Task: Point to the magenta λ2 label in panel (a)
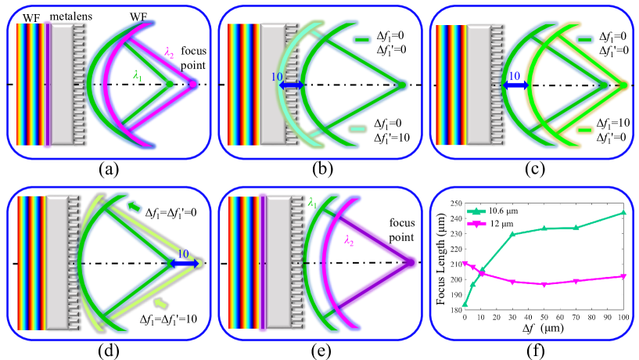click(x=170, y=52)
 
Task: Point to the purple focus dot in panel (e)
click(x=408, y=261)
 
